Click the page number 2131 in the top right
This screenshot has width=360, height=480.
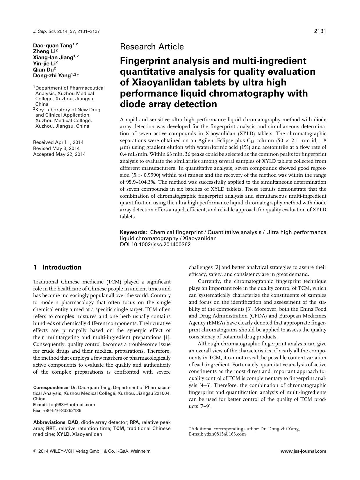pos(320,31)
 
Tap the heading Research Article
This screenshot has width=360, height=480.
pos(152,47)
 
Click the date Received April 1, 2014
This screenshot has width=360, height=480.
pos(58,142)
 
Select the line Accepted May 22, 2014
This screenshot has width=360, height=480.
pos(59,154)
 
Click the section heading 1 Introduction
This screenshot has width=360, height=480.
pos(57,267)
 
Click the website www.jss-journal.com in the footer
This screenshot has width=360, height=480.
pos(303,452)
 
